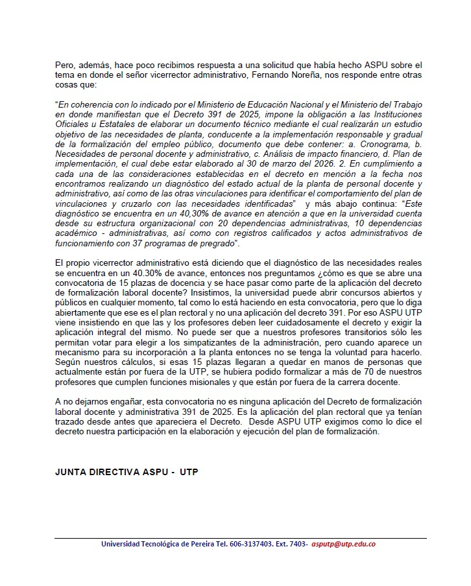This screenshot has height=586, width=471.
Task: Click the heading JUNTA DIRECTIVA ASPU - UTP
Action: click(x=127, y=471)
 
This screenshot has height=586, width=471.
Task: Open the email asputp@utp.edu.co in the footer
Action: click(x=343, y=545)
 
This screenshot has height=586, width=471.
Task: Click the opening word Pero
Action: click(x=64, y=65)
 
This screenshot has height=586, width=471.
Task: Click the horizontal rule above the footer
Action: click(x=240, y=538)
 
